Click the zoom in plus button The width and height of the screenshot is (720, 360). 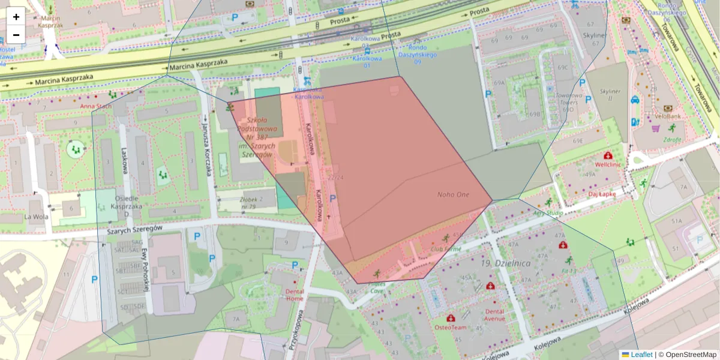click(x=16, y=17)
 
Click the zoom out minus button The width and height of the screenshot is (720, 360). click(x=16, y=35)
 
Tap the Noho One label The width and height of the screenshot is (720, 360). click(x=453, y=194)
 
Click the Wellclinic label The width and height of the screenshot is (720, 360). click(x=607, y=164)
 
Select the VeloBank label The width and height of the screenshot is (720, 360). click(x=667, y=116)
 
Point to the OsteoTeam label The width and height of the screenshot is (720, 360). click(x=450, y=327)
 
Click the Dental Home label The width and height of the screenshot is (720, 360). click(x=295, y=295)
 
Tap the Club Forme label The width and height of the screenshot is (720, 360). click(x=446, y=248)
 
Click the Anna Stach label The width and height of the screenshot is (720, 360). click(x=96, y=106)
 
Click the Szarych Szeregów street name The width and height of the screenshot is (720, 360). click(x=135, y=229)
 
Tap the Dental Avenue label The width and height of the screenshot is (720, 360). click(x=495, y=315)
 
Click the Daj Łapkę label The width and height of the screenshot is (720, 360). click(x=602, y=194)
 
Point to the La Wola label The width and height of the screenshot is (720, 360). click(x=35, y=217)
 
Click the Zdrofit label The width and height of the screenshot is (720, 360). click(x=672, y=140)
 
